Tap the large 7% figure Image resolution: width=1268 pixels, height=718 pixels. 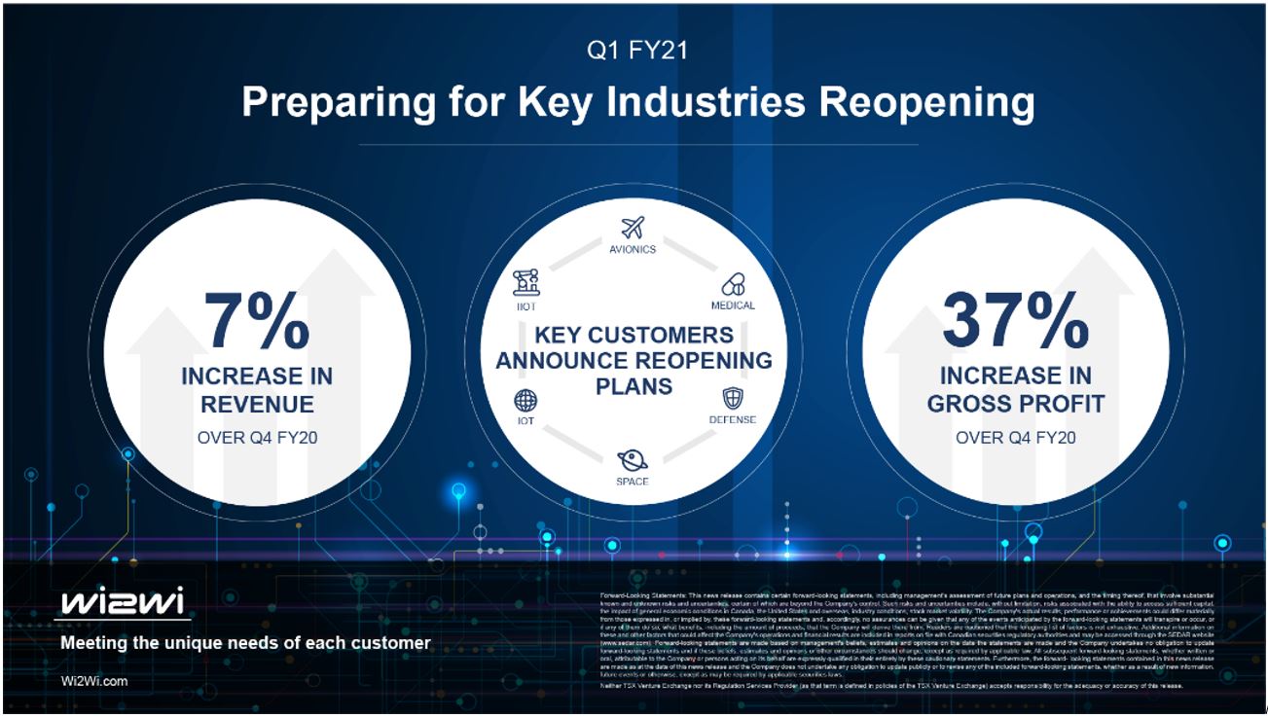[x=257, y=320]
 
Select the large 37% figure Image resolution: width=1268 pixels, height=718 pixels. [x=1015, y=320]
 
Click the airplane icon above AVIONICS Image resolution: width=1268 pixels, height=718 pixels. [x=633, y=228]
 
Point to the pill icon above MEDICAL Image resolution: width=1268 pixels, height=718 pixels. [x=733, y=284]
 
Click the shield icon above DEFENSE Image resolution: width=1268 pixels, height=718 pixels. [x=733, y=399]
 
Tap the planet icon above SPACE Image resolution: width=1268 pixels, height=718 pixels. [x=632, y=459]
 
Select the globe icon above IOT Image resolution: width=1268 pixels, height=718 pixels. [x=525, y=400]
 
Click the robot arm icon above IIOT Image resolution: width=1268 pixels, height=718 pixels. [x=526, y=283]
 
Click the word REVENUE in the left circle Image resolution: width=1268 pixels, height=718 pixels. [x=257, y=404]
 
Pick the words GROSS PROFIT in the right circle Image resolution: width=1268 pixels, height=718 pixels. [x=1015, y=404]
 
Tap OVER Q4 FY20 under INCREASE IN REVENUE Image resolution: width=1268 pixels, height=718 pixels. [x=257, y=438]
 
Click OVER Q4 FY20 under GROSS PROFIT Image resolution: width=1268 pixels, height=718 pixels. [x=1015, y=438]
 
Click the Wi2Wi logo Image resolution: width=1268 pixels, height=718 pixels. [x=123, y=603]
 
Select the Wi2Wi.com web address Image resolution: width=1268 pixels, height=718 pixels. [x=93, y=681]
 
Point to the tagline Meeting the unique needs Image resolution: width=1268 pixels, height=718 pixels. [x=245, y=643]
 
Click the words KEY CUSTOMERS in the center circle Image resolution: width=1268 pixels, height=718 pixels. [x=634, y=336]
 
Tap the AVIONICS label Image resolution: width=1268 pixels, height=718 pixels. [x=633, y=249]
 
